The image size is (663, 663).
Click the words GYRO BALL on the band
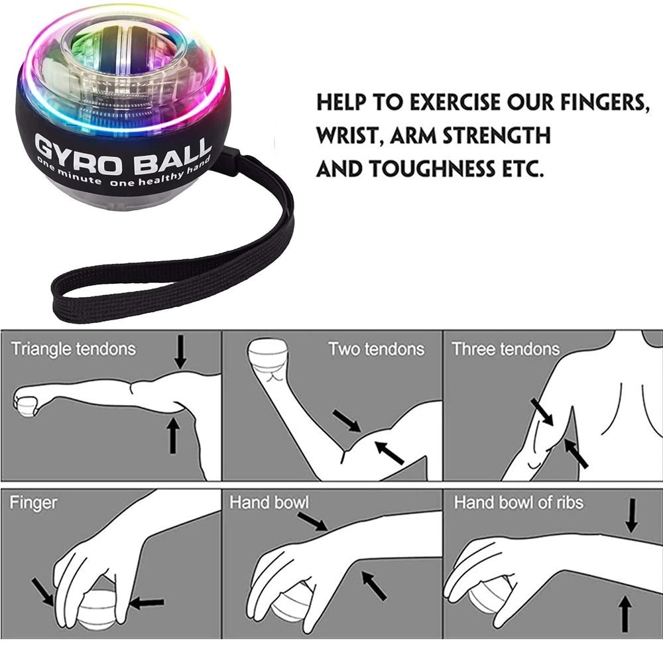[122, 152]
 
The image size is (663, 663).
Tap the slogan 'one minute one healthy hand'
[123, 174]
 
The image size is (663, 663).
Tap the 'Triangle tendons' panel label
[73, 349]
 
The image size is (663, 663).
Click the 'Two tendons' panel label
[376, 349]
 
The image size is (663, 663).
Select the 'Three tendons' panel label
[505, 349]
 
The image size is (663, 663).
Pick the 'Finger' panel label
[33, 503]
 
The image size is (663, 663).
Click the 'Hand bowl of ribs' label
[518, 503]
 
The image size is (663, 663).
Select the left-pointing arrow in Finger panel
[147, 603]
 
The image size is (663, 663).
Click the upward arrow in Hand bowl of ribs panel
[624, 613]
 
